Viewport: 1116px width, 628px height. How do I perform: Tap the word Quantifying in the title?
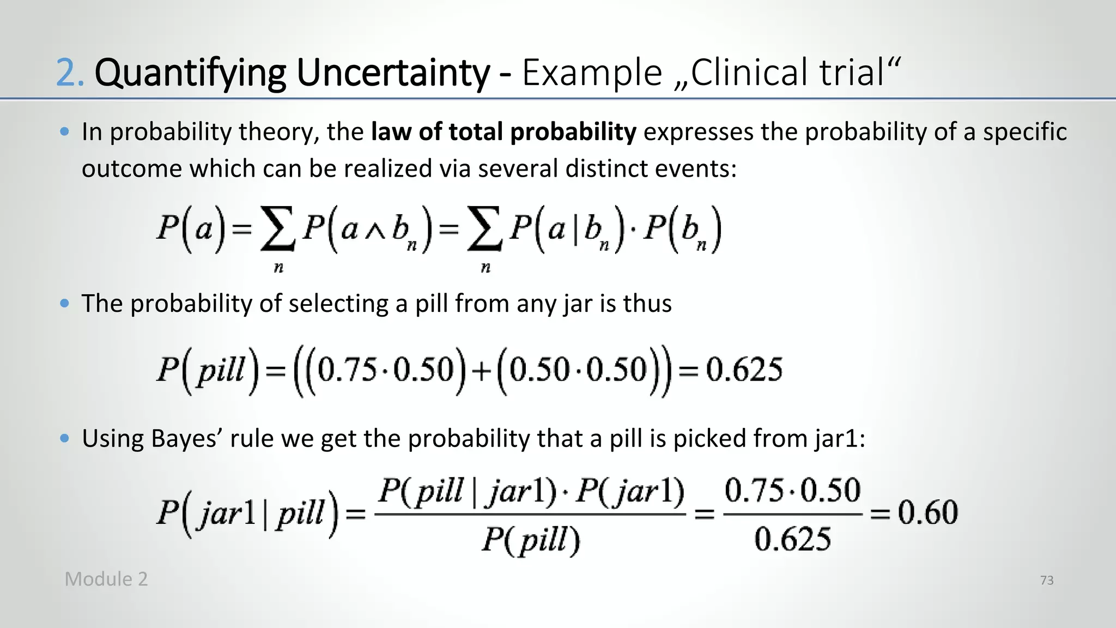coord(190,73)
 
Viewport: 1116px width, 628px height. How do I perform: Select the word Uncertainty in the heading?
coord(392,73)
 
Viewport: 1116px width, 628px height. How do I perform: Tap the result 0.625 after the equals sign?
coord(744,370)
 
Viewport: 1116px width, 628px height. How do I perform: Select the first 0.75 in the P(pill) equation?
coord(347,370)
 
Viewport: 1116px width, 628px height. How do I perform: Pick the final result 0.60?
coord(927,512)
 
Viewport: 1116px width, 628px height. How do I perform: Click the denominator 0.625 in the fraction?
coord(793,540)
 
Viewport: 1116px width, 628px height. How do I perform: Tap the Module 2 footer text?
coord(106,579)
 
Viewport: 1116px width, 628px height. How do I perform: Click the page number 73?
coord(1047,581)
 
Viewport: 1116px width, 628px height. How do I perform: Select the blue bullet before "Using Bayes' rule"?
coord(65,438)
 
